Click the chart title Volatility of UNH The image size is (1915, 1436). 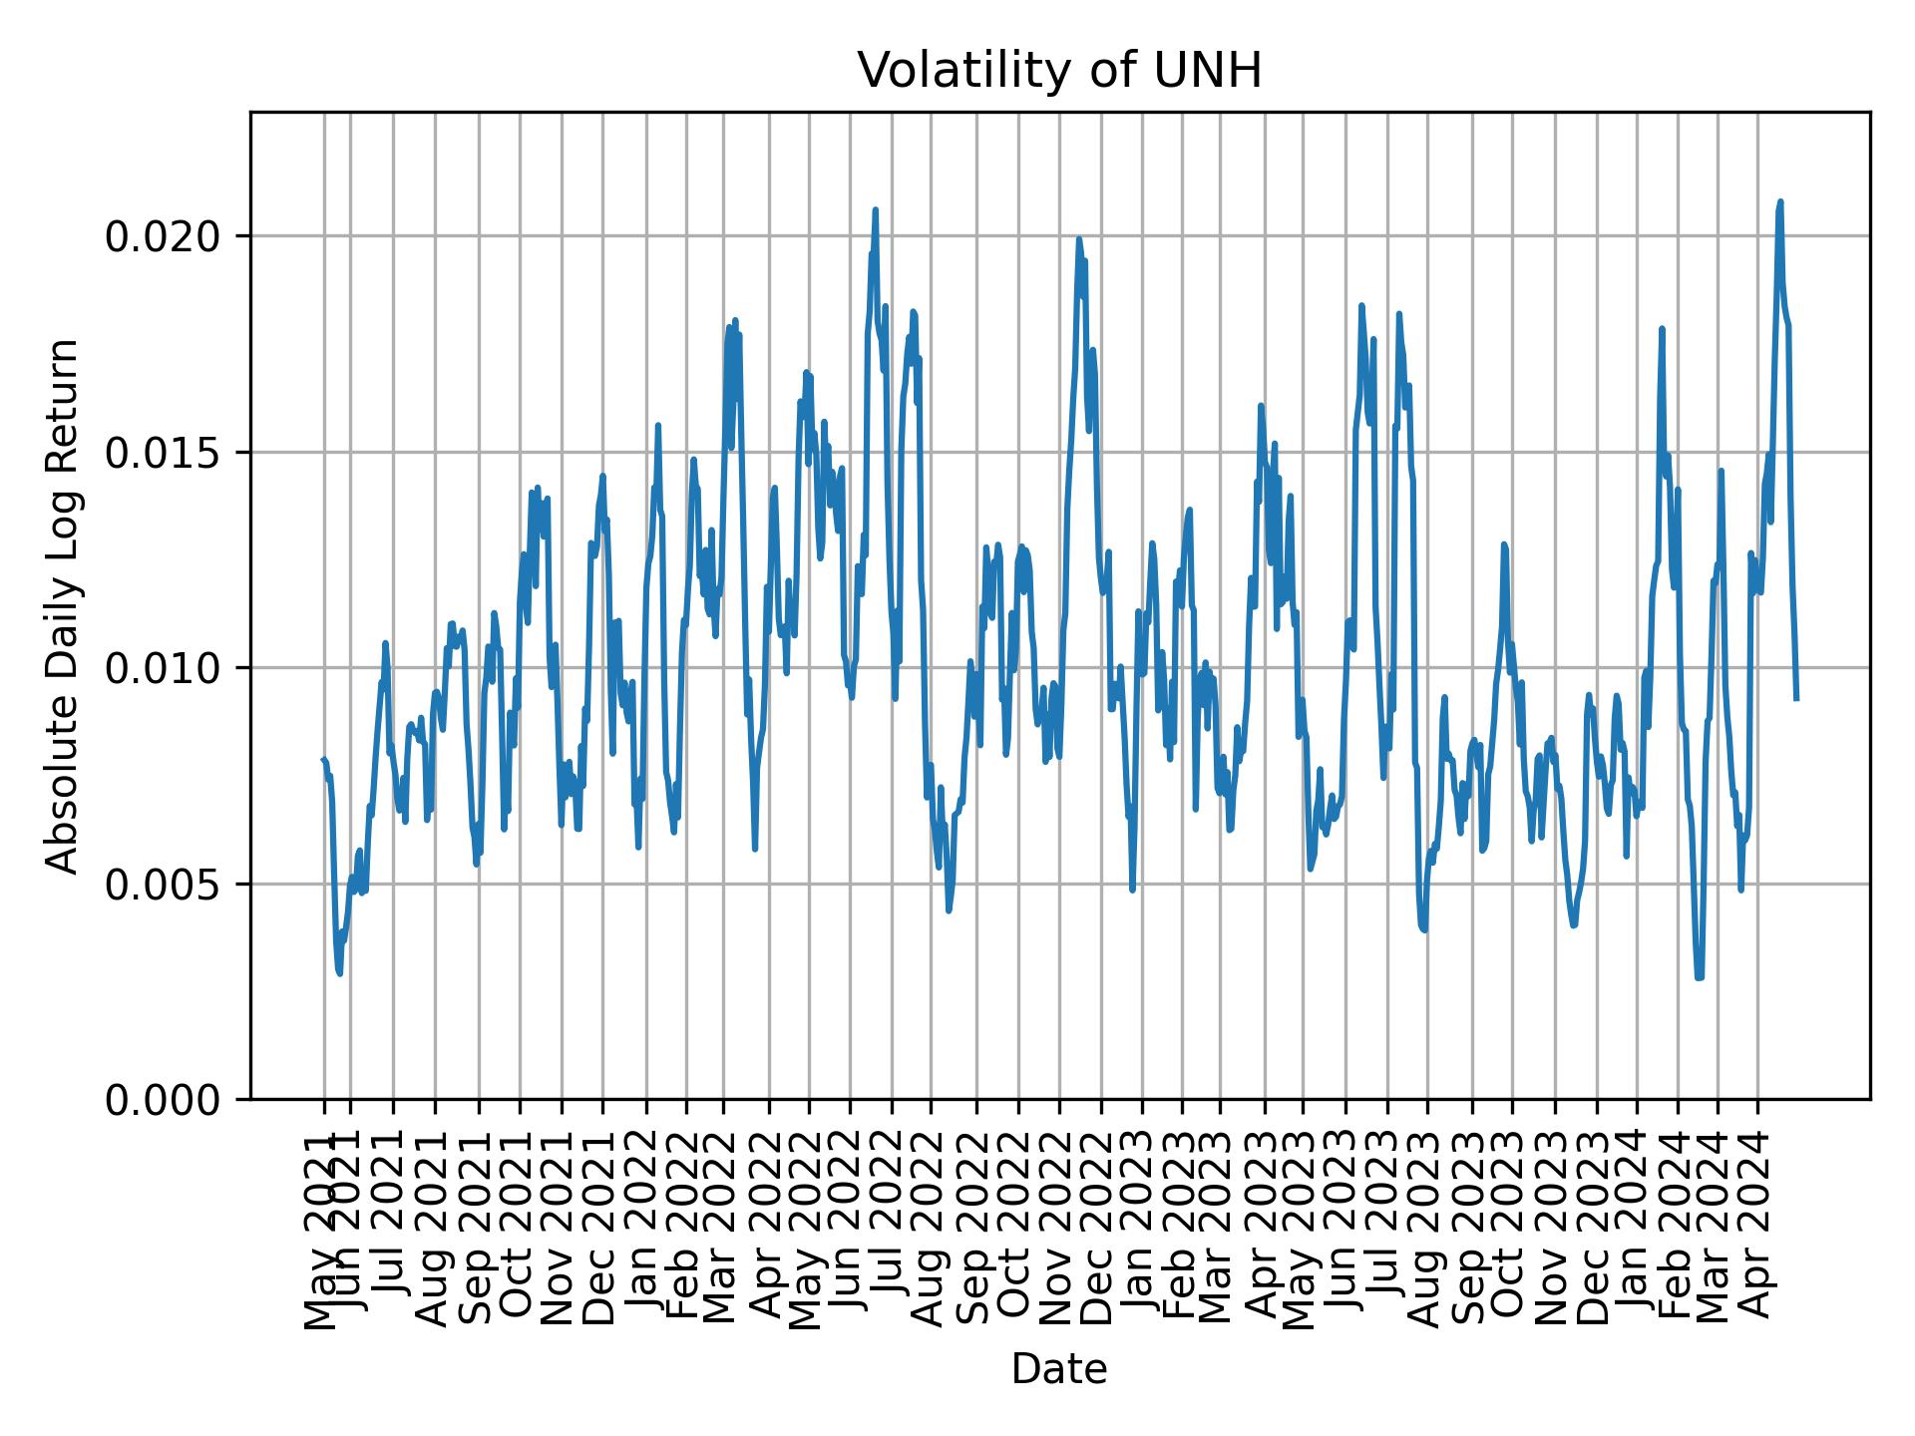click(1059, 71)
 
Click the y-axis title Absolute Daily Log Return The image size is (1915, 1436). click(64, 605)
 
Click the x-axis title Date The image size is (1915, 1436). click(1059, 1369)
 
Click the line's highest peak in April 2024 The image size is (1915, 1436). click(1780, 202)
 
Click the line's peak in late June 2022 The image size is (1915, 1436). click(875, 210)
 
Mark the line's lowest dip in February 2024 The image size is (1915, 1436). click(1699, 977)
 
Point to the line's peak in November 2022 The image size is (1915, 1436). click(1078, 239)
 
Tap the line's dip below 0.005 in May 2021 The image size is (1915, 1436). click(340, 973)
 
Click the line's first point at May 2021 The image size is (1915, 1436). click(323, 760)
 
